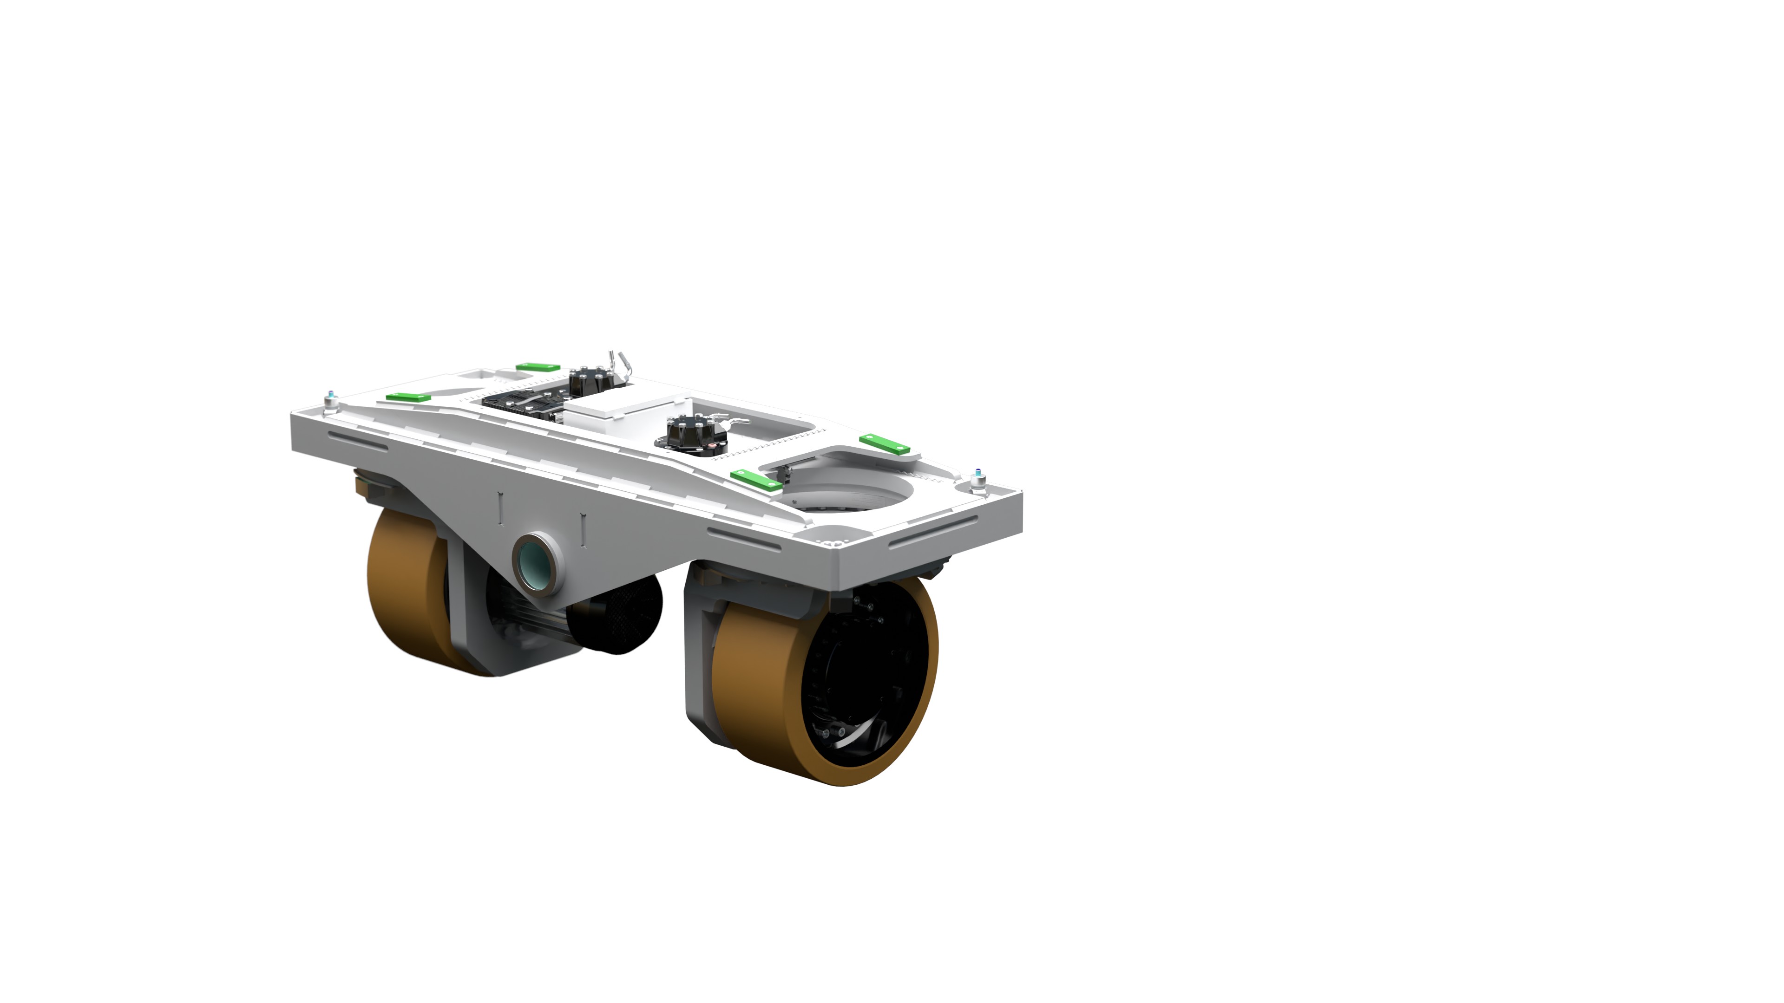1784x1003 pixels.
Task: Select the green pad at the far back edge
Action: coord(538,367)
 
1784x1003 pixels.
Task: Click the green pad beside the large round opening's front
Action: coord(756,480)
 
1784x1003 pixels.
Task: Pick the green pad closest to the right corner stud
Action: coord(885,443)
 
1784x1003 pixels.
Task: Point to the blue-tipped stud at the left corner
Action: coord(331,399)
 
